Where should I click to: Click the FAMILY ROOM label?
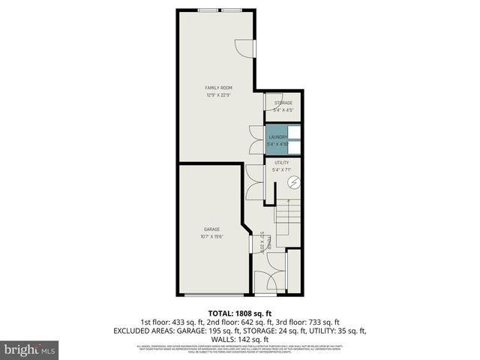click(219, 88)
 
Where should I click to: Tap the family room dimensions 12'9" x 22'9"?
click(219, 95)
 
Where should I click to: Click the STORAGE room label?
click(283, 103)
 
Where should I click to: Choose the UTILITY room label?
click(281, 162)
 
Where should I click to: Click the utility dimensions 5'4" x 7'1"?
click(281, 169)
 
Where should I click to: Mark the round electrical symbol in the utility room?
click(294, 182)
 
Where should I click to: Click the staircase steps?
click(289, 222)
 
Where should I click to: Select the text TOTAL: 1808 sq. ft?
click(239, 312)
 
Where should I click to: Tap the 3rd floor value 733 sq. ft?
click(322, 321)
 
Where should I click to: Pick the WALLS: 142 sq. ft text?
click(239, 338)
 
